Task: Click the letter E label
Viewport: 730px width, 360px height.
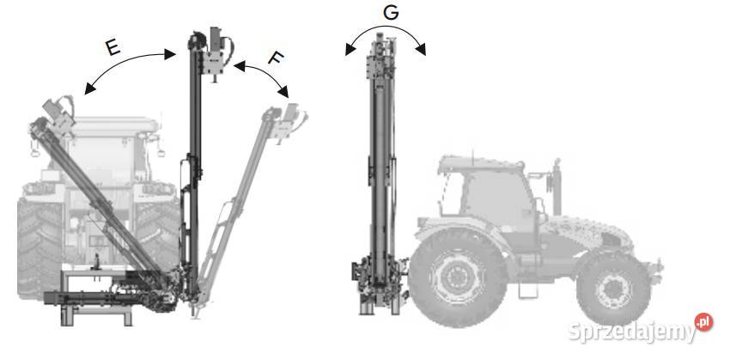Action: pos(113,47)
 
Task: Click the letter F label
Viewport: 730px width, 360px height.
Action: pos(276,58)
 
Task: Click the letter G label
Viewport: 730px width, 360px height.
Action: pos(391,13)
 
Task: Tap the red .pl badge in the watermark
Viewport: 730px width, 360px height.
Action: pos(703,322)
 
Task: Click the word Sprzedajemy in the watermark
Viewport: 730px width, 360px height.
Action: pos(632,332)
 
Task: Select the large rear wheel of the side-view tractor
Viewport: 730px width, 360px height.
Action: pos(458,278)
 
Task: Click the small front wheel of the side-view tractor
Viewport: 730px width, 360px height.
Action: pos(613,289)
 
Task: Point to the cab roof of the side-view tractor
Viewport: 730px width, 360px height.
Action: pos(481,162)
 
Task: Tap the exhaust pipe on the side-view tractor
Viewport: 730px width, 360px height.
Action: pos(557,187)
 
